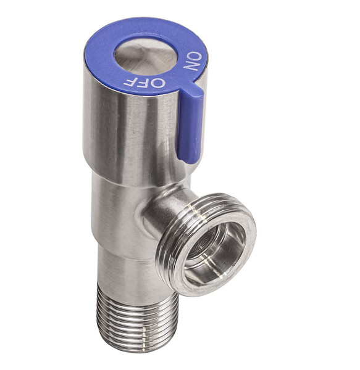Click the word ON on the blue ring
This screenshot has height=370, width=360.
193,62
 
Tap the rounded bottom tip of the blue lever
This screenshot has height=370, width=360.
188,157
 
